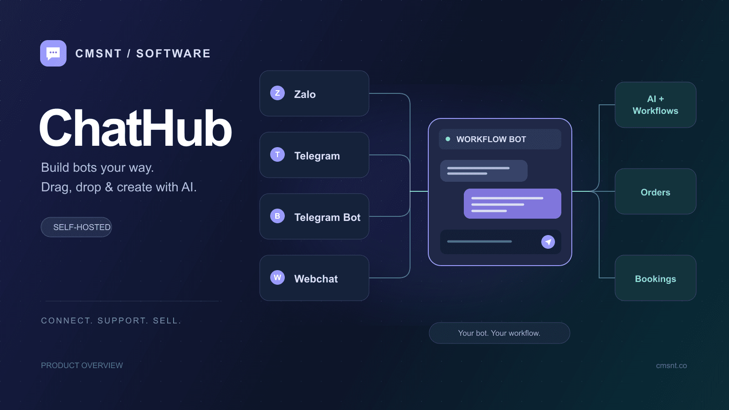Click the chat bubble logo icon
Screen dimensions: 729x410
point(53,53)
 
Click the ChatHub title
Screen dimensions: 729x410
point(135,128)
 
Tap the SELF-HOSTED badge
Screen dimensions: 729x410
point(76,227)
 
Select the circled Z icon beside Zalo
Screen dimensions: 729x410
point(277,93)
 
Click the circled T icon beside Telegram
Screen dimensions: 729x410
point(277,154)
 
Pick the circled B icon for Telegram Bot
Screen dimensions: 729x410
point(277,216)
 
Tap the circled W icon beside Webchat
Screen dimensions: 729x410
point(277,277)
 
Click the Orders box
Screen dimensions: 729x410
point(656,191)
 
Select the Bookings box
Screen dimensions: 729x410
point(656,278)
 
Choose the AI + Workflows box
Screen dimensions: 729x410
point(656,105)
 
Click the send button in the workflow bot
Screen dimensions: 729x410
point(548,242)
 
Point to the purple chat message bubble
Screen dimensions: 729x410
point(512,204)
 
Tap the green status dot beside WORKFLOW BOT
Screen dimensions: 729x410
point(448,139)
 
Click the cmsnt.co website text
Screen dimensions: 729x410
point(672,365)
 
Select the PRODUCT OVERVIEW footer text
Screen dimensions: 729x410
point(82,365)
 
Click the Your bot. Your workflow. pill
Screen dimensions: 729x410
point(499,333)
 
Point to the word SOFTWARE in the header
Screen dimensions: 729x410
point(174,53)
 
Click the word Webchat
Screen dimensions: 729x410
point(316,279)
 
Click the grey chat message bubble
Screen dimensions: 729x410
point(483,171)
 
